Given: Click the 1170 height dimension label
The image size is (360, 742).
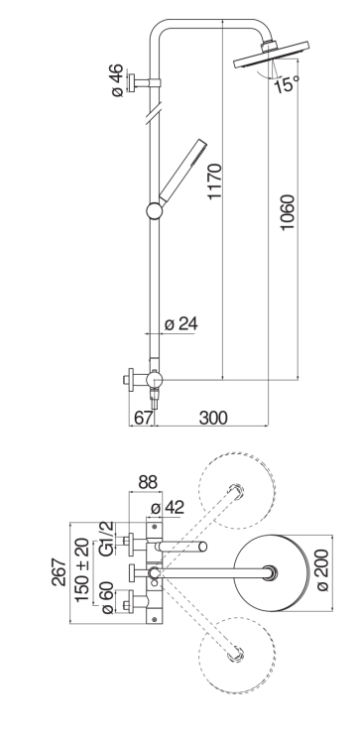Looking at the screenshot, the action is [x=214, y=181].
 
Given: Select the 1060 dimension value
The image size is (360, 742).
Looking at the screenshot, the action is [x=288, y=212].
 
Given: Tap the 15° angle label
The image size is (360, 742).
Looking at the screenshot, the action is [x=287, y=84].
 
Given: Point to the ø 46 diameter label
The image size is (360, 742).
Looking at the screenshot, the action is [x=117, y=80].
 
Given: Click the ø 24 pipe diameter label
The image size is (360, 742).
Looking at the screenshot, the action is [x=181, y=324].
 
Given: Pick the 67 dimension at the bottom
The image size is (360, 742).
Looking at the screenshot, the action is [x=144, y=418].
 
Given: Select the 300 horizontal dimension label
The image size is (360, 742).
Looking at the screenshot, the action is [x=213, y=418].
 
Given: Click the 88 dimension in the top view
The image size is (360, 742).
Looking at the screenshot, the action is [x=148, y=483].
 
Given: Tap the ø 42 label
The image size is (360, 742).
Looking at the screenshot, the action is [x=167, y=508].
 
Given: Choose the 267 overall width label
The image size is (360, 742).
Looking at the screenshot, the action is [x=60, y=572].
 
